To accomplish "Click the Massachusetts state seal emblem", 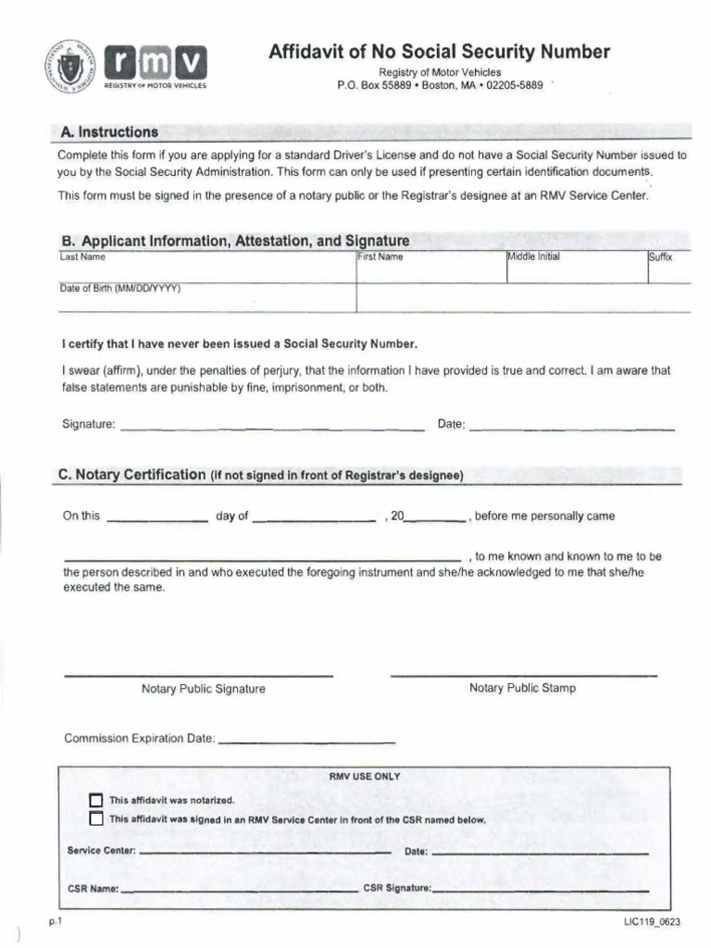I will point(70,69).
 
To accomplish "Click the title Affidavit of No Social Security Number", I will point(440,52).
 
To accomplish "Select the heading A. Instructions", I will point(108,132).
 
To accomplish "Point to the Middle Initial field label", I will point(534,257).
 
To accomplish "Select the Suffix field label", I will point(660,257).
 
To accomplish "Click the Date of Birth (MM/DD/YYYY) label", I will point(120,288).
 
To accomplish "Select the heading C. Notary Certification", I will point(131,475).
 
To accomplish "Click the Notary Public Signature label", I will point(203,689).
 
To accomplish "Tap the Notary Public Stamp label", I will point(522,688).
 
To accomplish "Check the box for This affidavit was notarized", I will point(96,801).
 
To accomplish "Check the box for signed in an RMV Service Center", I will point(96,819).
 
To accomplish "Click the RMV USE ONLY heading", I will point(365,777).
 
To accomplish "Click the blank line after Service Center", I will point(265,850).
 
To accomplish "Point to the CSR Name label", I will point(94,888).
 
